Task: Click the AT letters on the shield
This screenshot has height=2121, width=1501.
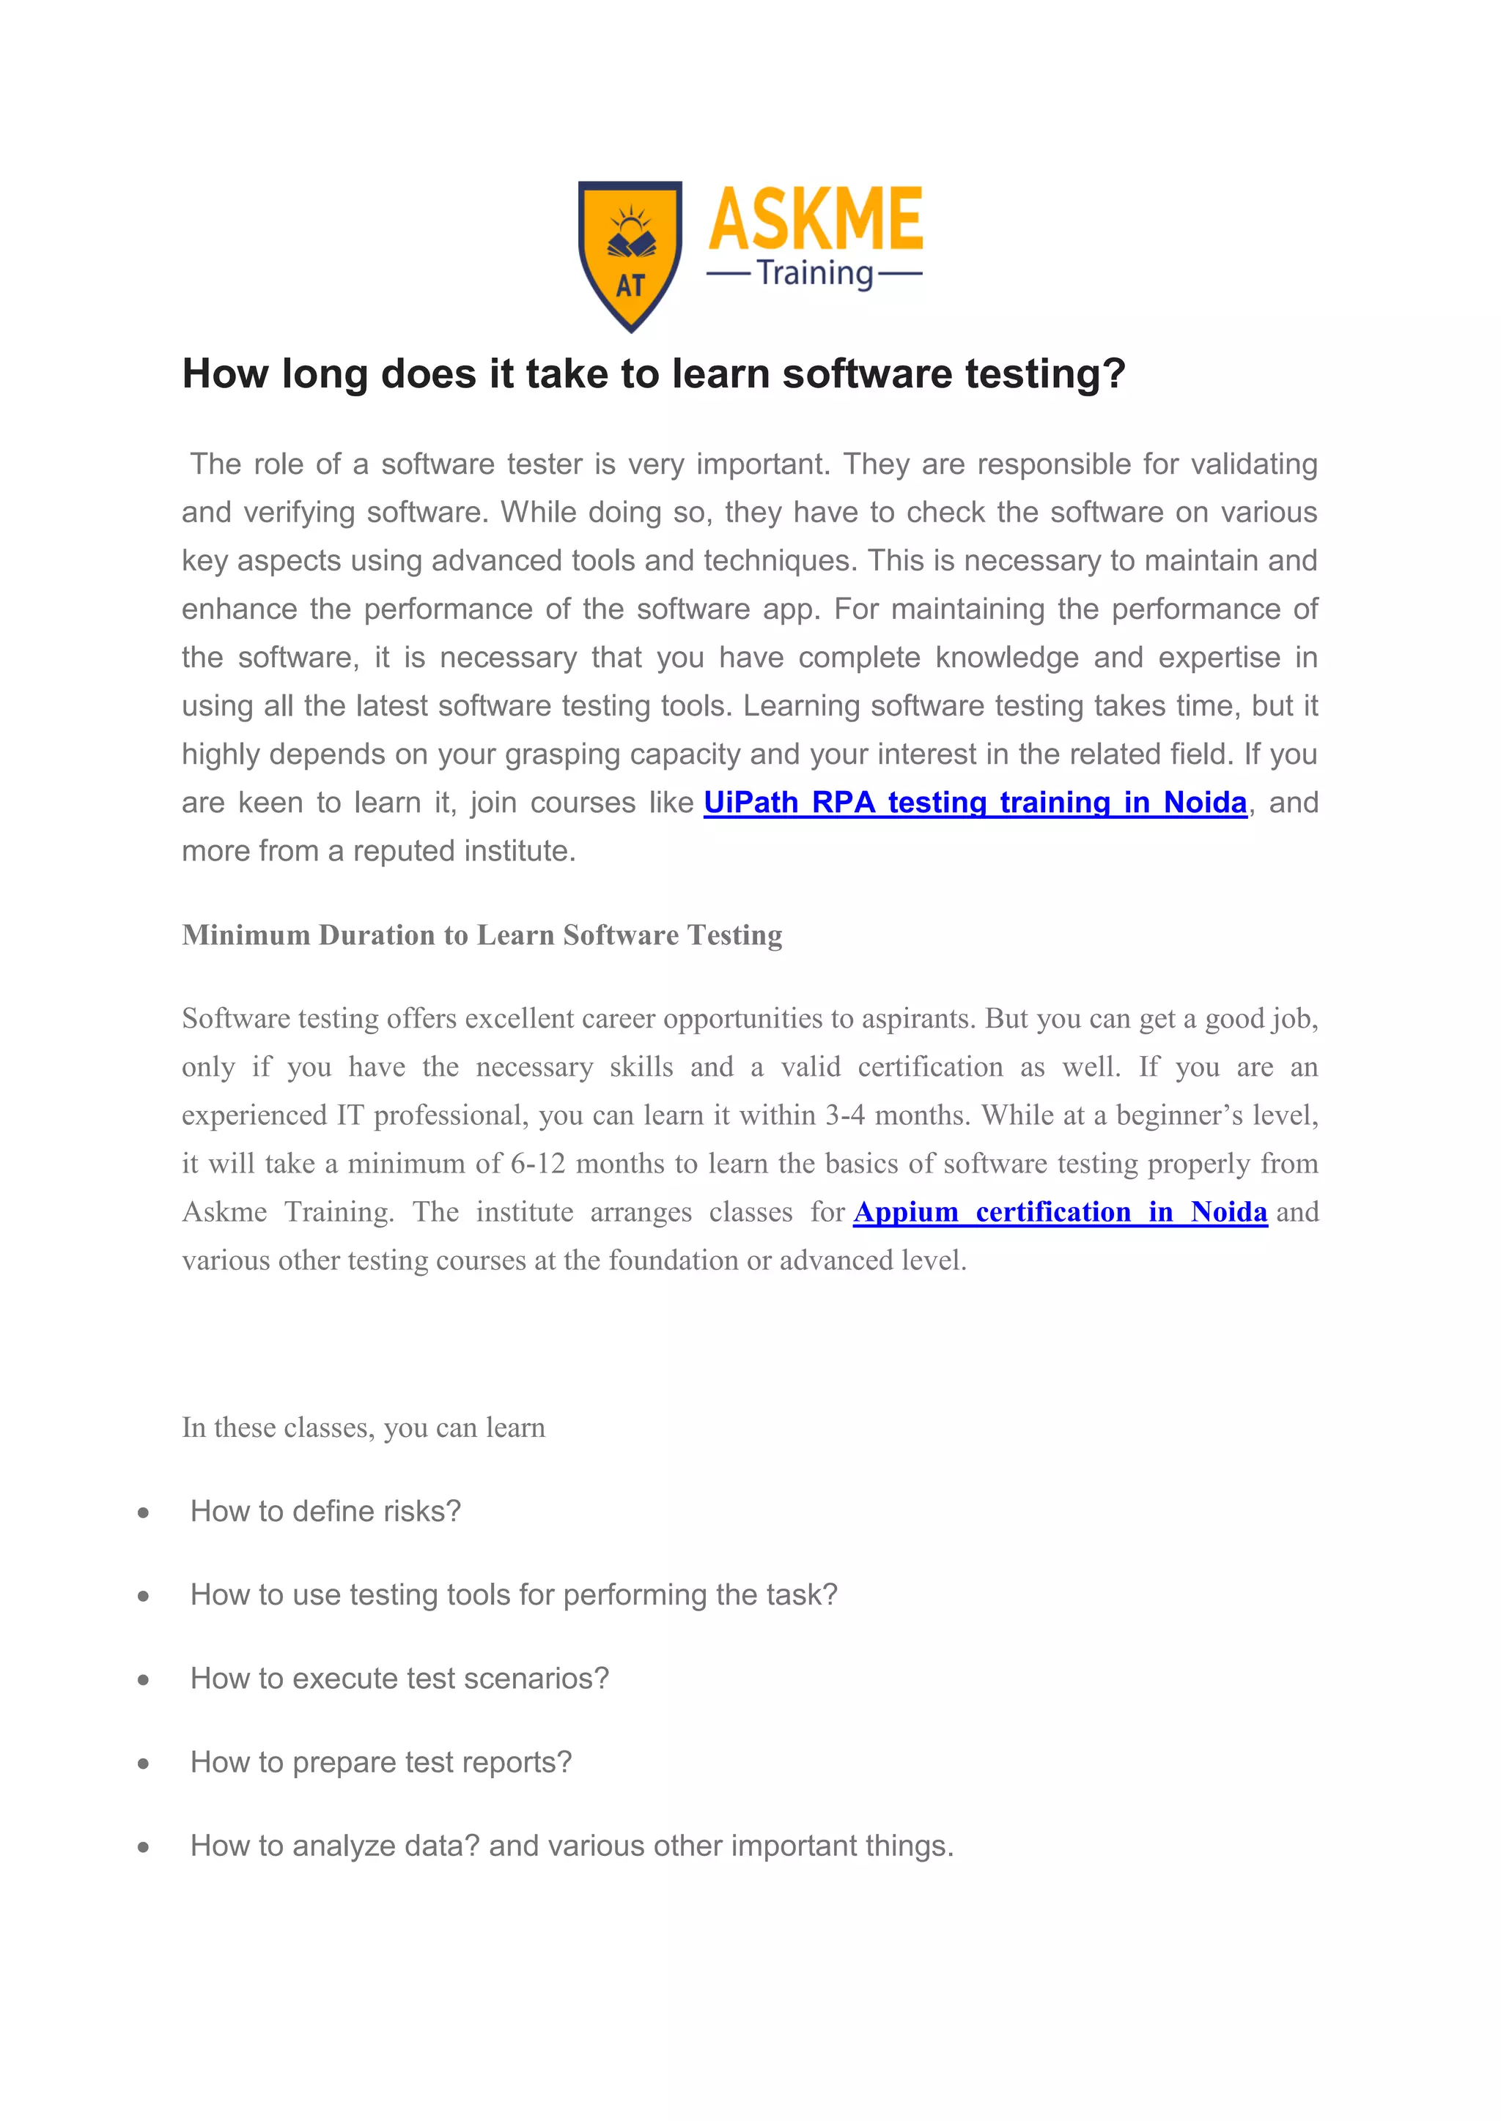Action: pyautogui.click(x=630, y=286)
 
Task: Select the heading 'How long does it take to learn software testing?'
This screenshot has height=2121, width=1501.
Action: pyautogui.click(x=654, y=374)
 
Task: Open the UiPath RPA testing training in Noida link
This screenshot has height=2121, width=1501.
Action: pyautogui.click(x=975, y=803)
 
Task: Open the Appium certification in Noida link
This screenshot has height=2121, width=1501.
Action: pyautogui.click(x=1059, y=1212)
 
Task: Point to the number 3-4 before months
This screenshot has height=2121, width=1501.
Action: pyautogui.click(x=845, y=1116)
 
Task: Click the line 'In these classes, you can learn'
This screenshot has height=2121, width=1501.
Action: pyautogui.click(x=364, y=1428)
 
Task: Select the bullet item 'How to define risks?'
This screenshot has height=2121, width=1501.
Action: pyautogui.click(x=325, y=1512)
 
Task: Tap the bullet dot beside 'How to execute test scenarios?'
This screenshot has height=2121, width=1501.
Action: pyautogui.click(x=143, y=1680)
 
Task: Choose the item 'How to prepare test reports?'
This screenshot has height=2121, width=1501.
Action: pyautogui.click(x=381, y=1763)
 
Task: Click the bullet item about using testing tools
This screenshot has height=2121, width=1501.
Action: pyautogui.click(x=513, y=1595)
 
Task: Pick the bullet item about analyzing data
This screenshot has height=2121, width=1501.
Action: pyautogui.click(x=571, y=1846)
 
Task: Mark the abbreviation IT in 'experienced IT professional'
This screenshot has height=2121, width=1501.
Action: pyautogui.click(x=350, y=1116)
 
